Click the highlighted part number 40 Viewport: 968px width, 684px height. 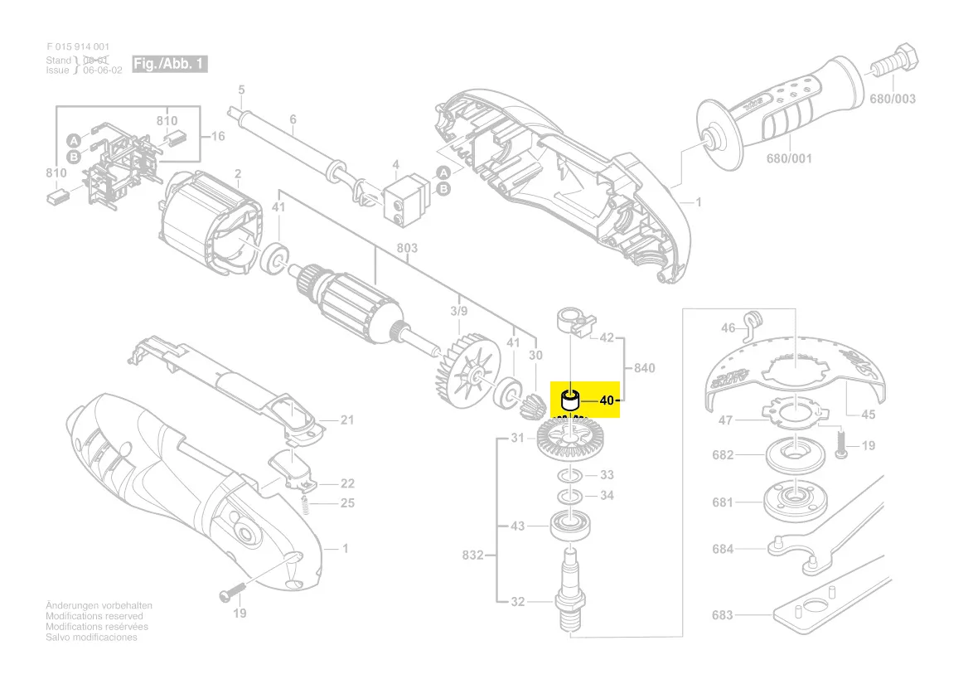pyautogui.click(x=607, y=400)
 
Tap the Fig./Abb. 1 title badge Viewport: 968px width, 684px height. pyautogui.click(x=169, y=64)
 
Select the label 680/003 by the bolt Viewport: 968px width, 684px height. pyautogui.click(x=893, y=99)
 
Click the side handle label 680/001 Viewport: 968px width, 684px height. pyautogui.click(x=789, y=158)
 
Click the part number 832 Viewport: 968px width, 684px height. pyautogui.click(x=472, y=555)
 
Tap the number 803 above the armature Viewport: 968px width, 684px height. pyautogui.click(x=407, y=248)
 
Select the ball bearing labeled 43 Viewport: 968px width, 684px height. pyautogui.click(x=570, y=524)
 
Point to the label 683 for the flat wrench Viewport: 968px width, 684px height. pyautogui.click(x=723, y=615)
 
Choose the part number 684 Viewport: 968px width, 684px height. pyautogui.click(x=723, y=548)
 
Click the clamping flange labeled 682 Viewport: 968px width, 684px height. pyautogui.click(x=791, y=454)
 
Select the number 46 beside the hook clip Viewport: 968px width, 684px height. pyautogui.click(x=728, y=328)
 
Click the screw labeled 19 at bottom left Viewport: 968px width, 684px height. pyautogui.click(x=230, y=594)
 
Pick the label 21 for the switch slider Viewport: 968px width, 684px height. pyautogui.click(x=347, y=420)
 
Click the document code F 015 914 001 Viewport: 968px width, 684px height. pyautogui.click(x=78, y=47)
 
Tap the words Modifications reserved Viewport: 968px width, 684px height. pyautogui.click(x=94, y=617)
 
